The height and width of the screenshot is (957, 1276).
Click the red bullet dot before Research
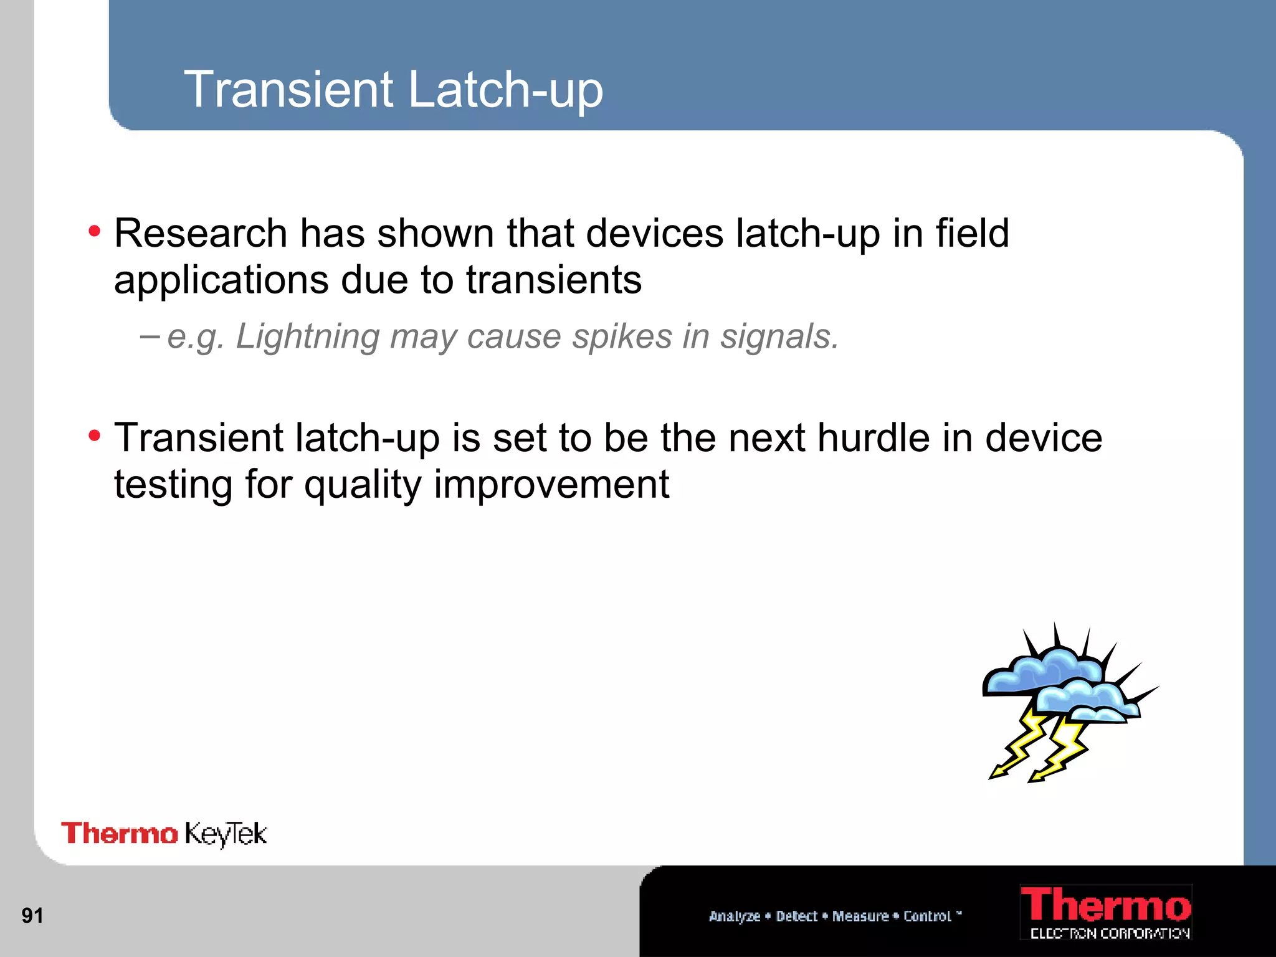(x=94, y=232)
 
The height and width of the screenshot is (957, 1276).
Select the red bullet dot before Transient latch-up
(x=94, y=436)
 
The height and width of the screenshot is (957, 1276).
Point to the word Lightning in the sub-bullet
(x=308, y=337)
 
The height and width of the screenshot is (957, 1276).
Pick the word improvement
(x=551, y=485)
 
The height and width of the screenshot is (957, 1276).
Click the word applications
(x=221, y=280)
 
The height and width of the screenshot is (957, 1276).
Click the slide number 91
(x=32, y=916)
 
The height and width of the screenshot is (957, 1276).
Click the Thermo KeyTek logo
(x=164, y=834)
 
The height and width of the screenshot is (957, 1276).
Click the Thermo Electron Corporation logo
(x=1106, y=912)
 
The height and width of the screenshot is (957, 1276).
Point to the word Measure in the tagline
(x=860, y=916)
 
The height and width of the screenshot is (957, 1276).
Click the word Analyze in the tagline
(x=735, y=916)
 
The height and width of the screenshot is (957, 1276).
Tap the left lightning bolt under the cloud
(x=1019, y=745)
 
